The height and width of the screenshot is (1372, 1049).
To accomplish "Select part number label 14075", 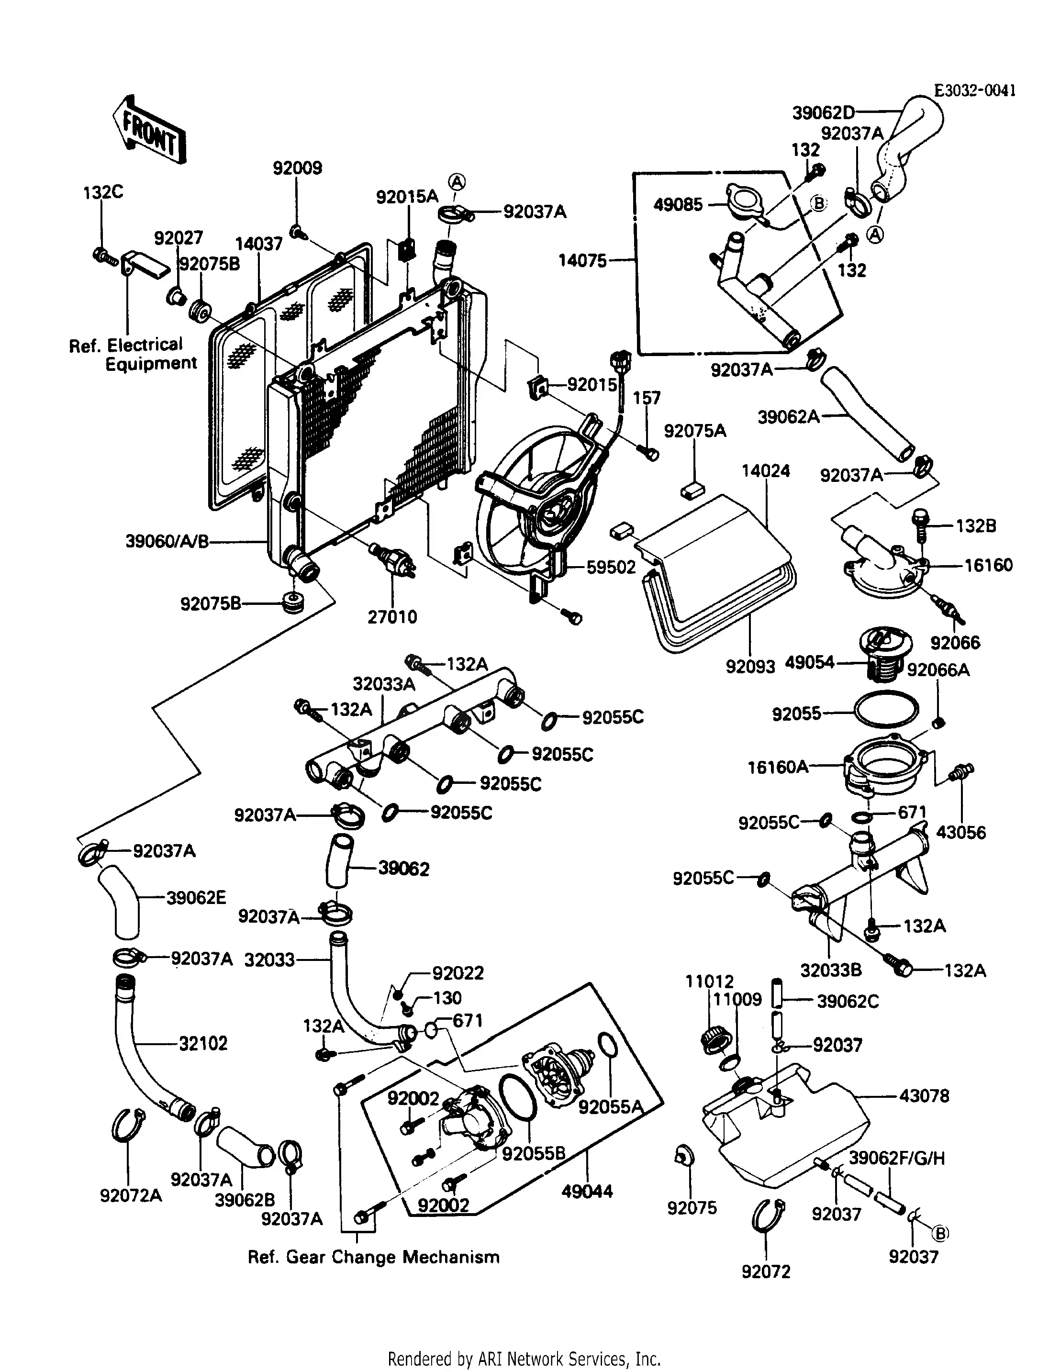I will (x=582, y=260).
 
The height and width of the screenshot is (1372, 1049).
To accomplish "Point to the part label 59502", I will (x=611, y=567).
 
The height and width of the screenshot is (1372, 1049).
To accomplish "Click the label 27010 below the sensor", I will (x=392, y=617).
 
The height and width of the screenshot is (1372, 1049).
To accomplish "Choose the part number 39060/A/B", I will (x=167, y=541).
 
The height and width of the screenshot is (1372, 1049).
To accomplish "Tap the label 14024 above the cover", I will (x=766, y=471).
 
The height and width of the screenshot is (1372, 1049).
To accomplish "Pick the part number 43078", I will (x=924, y=1095).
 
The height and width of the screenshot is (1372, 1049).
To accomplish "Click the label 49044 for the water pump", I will (x=587, y=1191).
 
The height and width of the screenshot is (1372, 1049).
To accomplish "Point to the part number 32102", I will (x=203, y=1043).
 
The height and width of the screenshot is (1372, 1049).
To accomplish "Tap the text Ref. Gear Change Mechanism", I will (x=373, y=1257).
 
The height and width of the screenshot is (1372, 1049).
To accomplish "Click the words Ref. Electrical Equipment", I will (x=133, y=354).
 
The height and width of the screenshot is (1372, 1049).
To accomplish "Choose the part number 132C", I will (x=103, y=192).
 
